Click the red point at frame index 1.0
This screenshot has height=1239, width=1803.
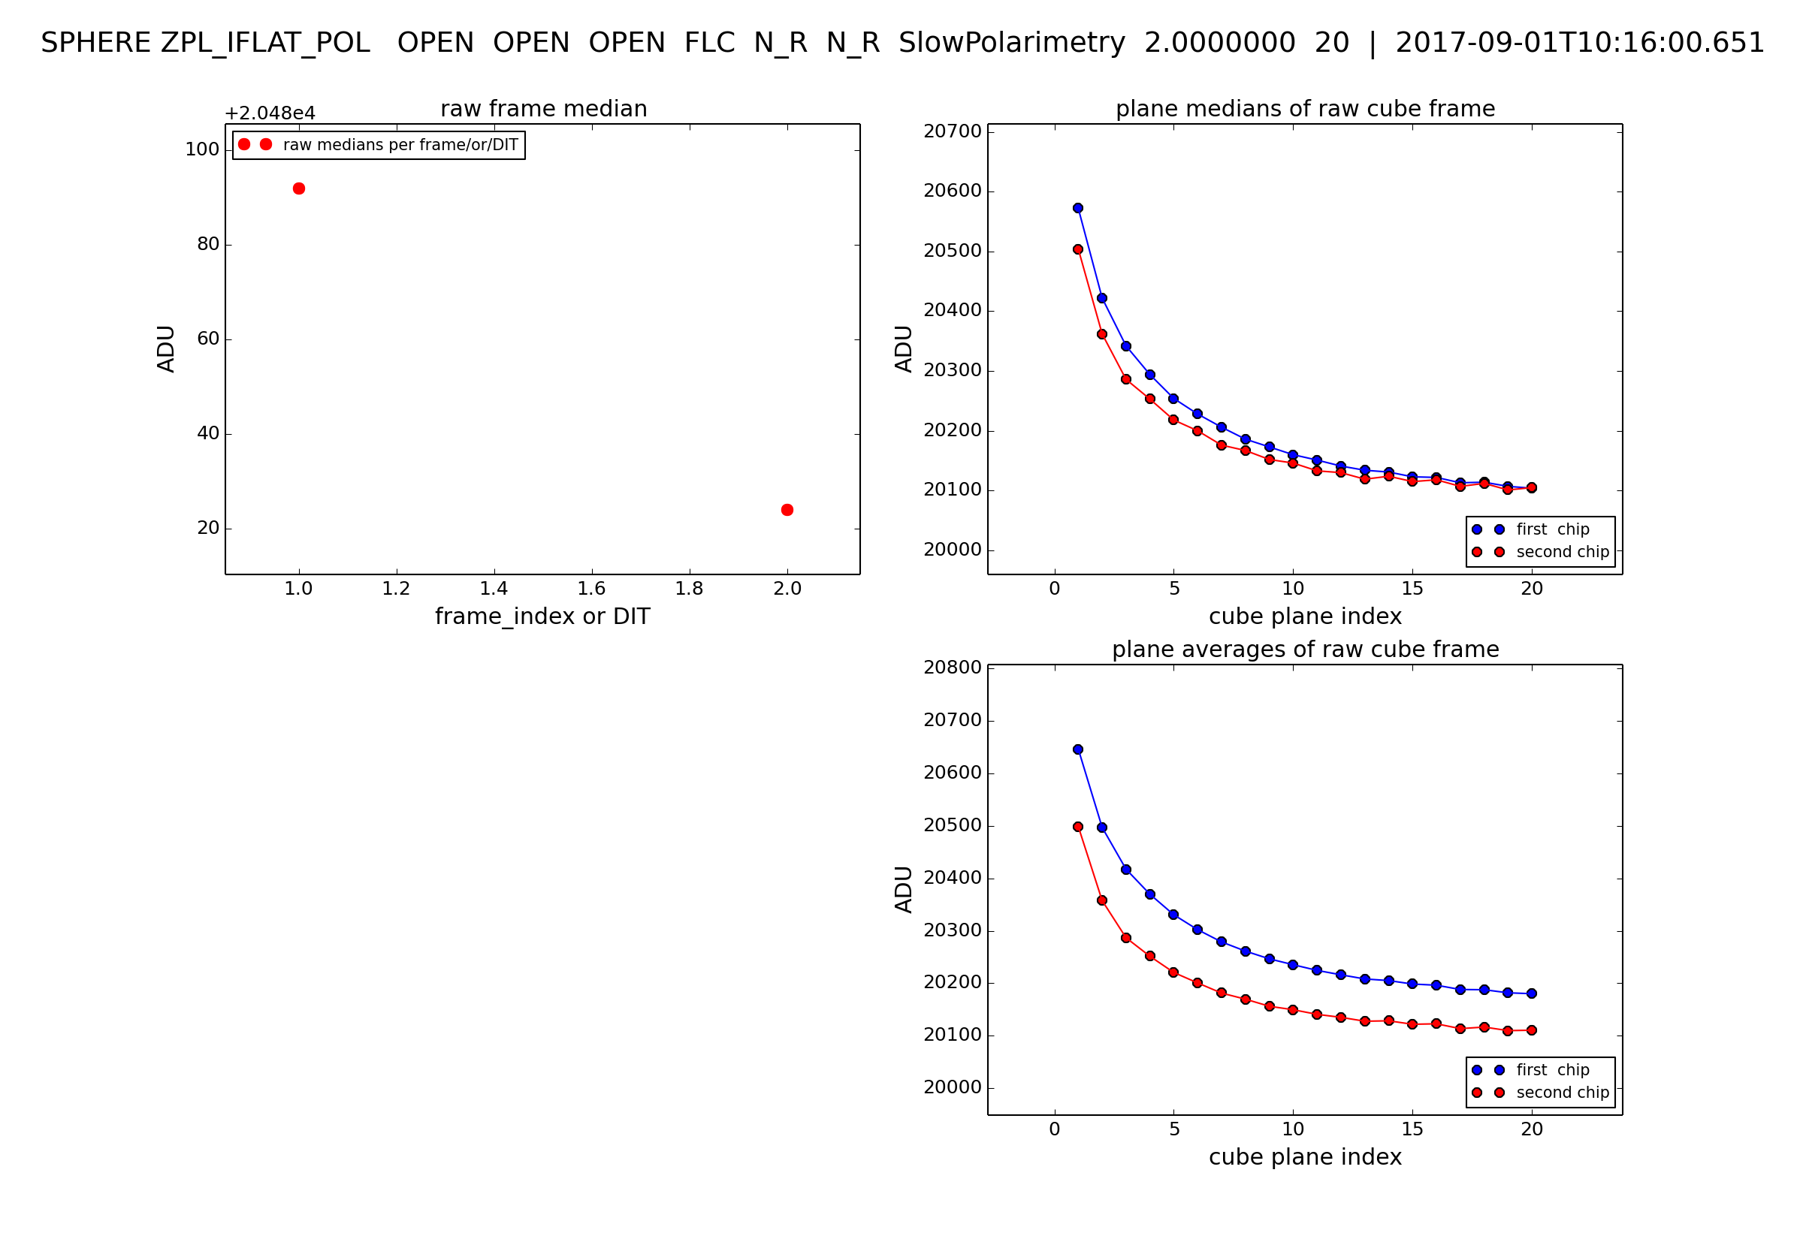[x=299, y=188]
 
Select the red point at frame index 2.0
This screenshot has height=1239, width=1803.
[x=787, y=510]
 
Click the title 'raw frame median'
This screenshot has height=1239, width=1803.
[x=544, y=109]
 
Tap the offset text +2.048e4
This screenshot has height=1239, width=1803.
[x=270, y=113]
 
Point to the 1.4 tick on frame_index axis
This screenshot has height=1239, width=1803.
[x=494, y=589]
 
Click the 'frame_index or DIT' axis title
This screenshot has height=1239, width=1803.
[x=542, y=616]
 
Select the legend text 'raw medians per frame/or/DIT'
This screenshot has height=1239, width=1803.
[x=400, y=145]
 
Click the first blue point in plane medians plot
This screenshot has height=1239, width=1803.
[x=1078, y=208]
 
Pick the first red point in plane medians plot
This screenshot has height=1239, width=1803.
[x=1078, y=249]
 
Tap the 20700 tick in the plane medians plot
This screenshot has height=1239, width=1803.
[x=952, y=132]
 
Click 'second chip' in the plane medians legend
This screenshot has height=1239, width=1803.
[x=1563, y=552]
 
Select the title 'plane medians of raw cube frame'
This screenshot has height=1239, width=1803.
[x=1305, y=109]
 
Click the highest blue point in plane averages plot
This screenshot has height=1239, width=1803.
[x=1078, y=750]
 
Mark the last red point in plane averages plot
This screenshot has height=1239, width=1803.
[x=1531, y=1031]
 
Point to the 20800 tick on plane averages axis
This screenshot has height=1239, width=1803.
[x=952, y=668]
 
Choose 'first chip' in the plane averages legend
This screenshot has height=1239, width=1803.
[x=1552, y=1071]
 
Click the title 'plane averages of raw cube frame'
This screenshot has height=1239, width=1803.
[x=1305, y=650]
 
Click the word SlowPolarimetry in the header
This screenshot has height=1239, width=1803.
[x=1012, y=43]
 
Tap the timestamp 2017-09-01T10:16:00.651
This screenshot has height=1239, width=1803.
[x=1580, y=43]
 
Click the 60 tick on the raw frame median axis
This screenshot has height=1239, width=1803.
[x=208, y=339]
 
